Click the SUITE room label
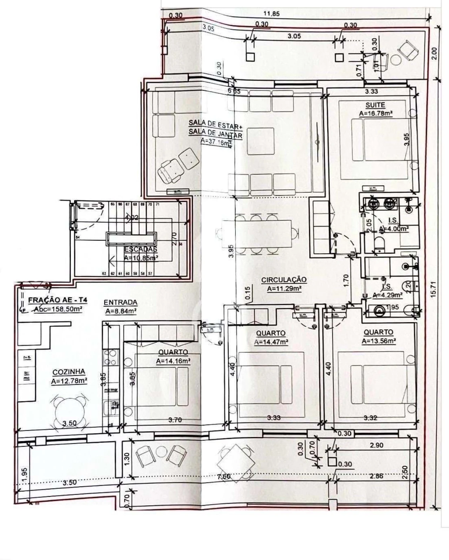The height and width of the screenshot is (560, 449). pyautogui.click(x=375, y=105)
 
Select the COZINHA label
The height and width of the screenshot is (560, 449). pyautogui.click(x=69, y=372)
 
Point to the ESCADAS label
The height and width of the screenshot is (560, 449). pyautogui.click(x=140, y=249)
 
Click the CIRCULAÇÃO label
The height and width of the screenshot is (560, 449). pyautogui.click(x=284, y=280)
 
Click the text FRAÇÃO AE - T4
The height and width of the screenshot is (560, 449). pyautogui.click(x=58, y=300)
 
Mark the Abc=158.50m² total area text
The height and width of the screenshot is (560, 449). pyautogui.click(x=58, y=309)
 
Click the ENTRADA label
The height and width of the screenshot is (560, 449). pyautogui.click(x=120, y=302)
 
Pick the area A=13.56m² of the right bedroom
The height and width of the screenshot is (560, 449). pyautogui.click(x=379, y=341)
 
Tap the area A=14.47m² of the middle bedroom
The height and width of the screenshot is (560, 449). pyautogui.click(x=271, y=342)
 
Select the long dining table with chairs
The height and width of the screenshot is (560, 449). pyautogui.click(x=256, y=234)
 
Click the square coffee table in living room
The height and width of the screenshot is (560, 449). pyautogui.click(x=260, y=141)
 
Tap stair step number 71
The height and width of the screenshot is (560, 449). pyautogui.click(x=158, y=204)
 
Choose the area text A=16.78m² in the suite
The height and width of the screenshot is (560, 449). pyautogui.click(x=375, y=113)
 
